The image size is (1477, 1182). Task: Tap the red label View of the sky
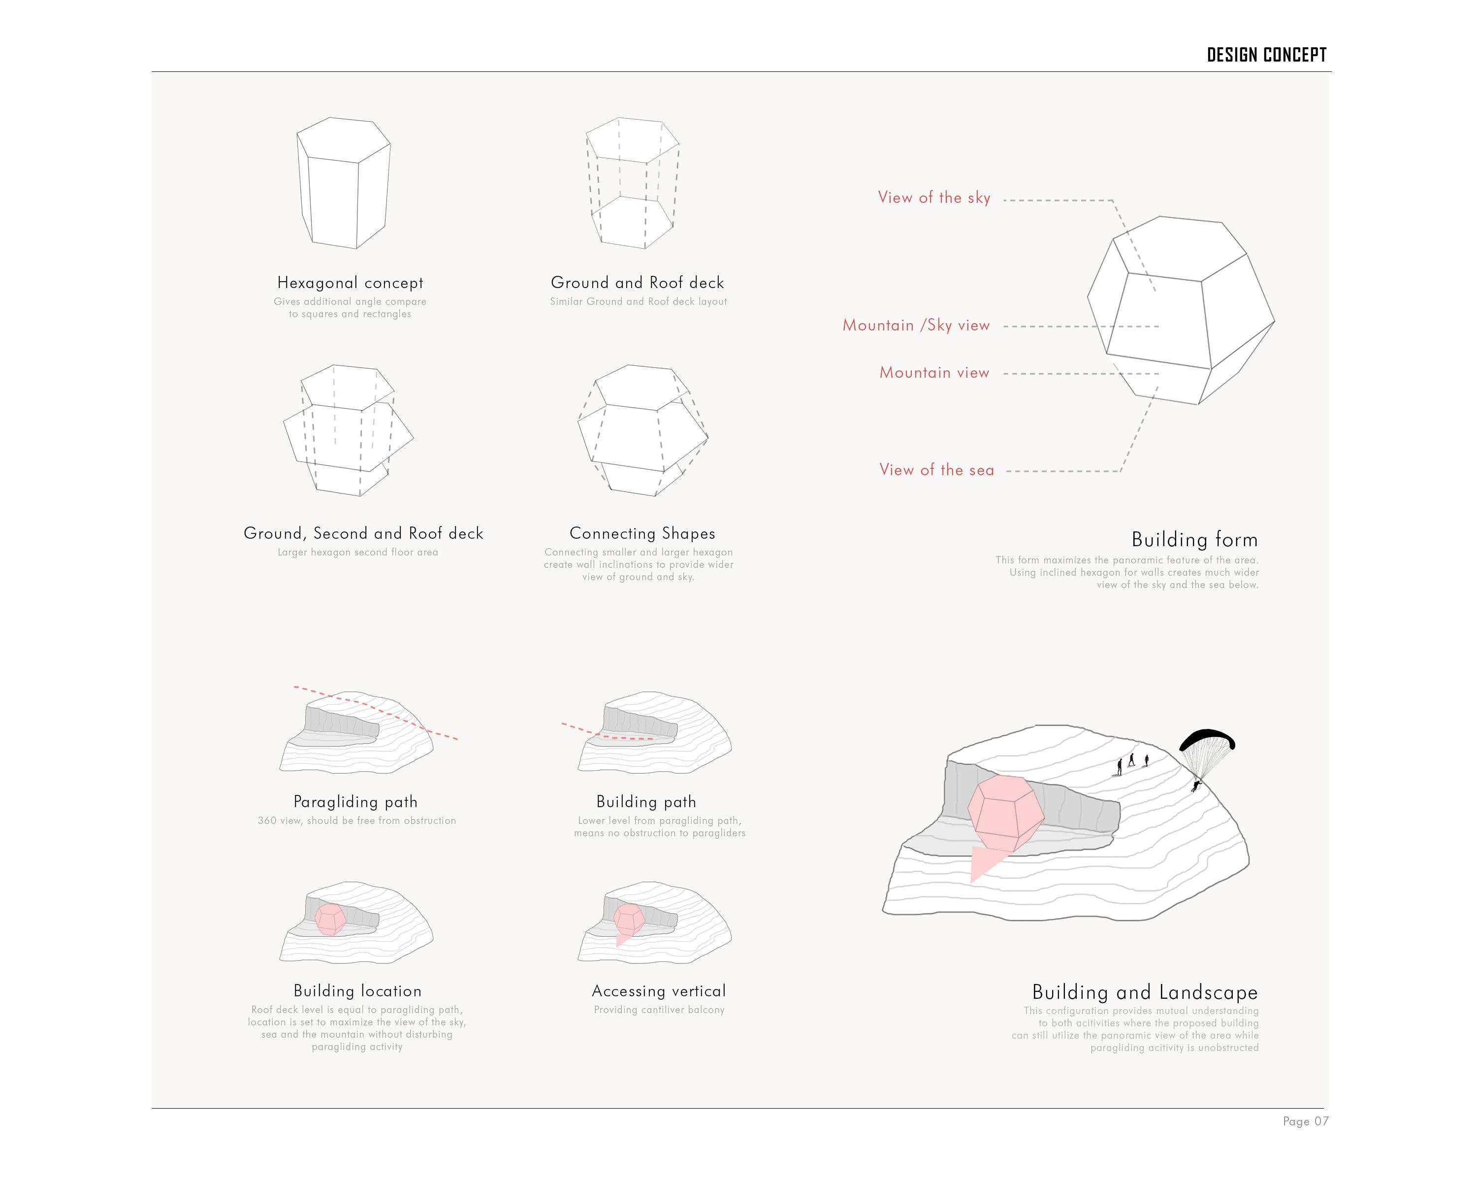(x=934, y=198)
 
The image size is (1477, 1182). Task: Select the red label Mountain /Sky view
(x=916, y=326)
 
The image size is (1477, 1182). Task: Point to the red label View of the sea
(x=936, y=470)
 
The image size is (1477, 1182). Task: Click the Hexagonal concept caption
(x=350, y=283)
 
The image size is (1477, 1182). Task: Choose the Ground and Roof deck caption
(x=637, y=283)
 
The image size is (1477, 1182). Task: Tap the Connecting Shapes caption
(x=642, y=534)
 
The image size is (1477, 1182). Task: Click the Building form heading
(x=1194, y=540)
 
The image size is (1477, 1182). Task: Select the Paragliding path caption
(x=355, y=802)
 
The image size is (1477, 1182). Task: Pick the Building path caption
(x=646, y=802)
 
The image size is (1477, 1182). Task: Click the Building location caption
(x=357, y=991)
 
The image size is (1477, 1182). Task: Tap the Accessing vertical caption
(x=658, y=991)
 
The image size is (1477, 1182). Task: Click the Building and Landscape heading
(x=1145, y=993)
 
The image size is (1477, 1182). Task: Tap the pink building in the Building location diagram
(x=331, y=919)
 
